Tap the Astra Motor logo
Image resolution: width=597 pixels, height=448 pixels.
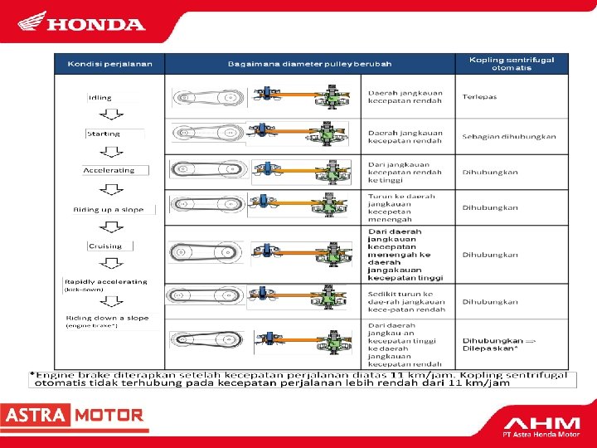point(73,415)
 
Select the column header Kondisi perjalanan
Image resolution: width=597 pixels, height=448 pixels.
point(109,64)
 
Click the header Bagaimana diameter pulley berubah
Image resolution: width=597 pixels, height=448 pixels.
point(309,64)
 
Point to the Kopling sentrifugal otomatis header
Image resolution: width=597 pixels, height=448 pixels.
point(511,64)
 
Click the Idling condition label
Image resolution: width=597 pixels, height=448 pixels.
point(100,97)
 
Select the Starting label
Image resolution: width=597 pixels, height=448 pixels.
point(104,134)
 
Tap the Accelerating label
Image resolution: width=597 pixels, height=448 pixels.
point(109,170)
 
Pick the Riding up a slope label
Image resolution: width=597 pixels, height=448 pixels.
point(109,210)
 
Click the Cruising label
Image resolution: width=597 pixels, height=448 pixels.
point(104,246)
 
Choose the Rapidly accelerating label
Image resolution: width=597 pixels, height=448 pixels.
point(106,281)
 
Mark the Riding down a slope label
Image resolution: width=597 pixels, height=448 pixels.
point(109,318)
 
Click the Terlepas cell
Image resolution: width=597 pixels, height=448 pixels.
point(480,97)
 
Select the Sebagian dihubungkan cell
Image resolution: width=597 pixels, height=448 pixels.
point(509,136)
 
